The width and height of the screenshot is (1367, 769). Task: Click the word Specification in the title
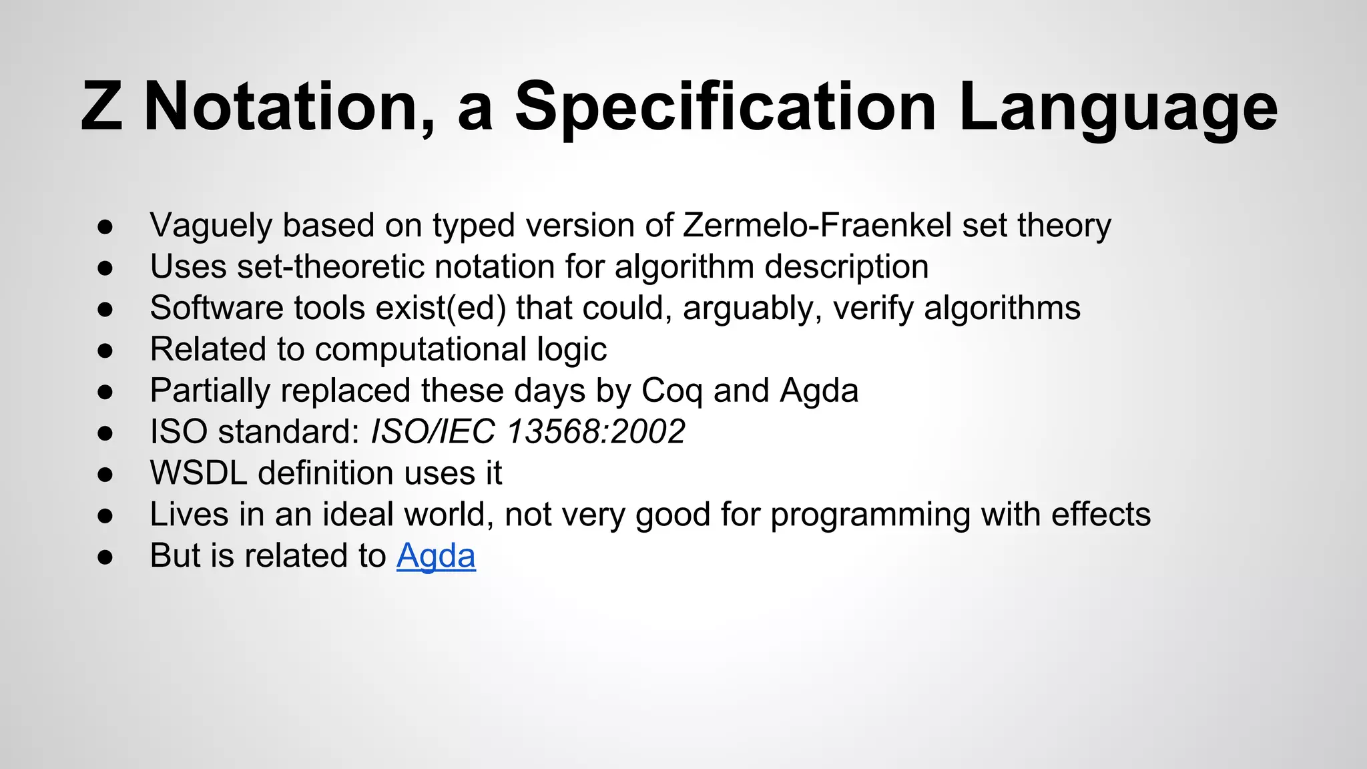(x=726, y=107)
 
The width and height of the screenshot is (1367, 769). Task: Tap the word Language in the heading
(x=1117, y=107)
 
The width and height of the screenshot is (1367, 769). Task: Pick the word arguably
(x=752, y=308)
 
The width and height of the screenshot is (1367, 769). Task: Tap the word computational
(x=421, y=349)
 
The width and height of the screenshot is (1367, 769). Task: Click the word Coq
(x=671, y=391)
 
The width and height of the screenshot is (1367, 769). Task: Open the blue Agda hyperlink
(x=436, y=555)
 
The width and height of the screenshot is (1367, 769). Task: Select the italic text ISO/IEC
(x=433, y=431)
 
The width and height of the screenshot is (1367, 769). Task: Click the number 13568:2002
(x=595, y=431)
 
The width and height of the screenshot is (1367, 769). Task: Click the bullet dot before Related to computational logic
(x=105, y=350)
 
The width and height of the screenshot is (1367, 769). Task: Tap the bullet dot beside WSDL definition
(x=105, y=474)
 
